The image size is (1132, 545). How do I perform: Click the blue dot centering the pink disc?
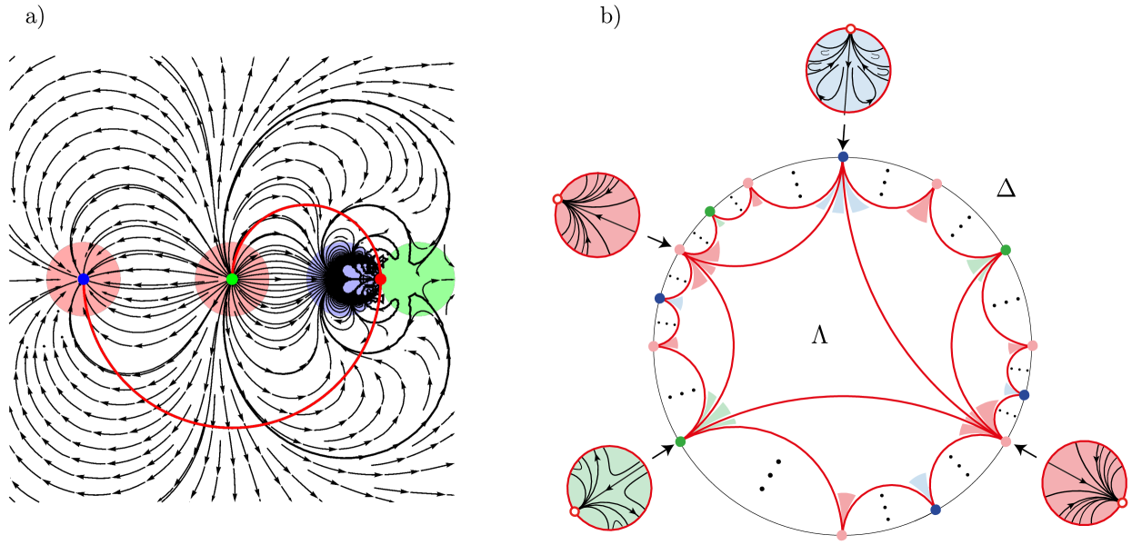point(84,279)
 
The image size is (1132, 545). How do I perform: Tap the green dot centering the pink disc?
point(232,279)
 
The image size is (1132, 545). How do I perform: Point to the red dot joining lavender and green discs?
point(380,279)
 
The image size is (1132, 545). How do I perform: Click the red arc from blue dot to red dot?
point(231,427)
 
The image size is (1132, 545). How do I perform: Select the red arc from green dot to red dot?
point(306,205)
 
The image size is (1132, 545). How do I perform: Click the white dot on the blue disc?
point(850,29)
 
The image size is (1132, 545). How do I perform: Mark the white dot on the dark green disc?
point(575,511)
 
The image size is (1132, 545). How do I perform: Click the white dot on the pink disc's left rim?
point(557,199)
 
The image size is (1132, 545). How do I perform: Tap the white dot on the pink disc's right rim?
point(1122,502)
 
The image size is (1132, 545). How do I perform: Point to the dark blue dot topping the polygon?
point(843,157)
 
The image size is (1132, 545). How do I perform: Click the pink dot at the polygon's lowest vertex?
point(842,535)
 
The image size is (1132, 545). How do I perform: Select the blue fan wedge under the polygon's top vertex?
point(842,198)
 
